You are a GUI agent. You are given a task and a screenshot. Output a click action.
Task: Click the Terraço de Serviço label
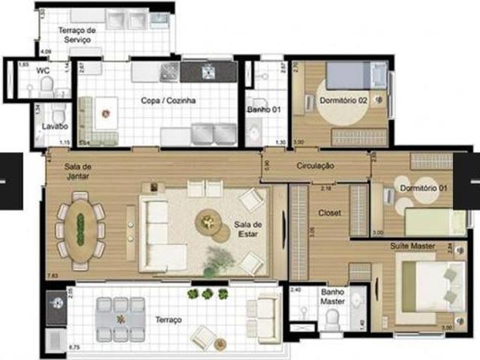[x=78, y=34]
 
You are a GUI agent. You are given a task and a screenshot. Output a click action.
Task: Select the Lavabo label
[x=55, y=127]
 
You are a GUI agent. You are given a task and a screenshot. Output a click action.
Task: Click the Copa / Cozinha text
[x=169, y=100]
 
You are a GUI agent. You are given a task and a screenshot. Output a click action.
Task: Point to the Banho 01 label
[x=263, y=110]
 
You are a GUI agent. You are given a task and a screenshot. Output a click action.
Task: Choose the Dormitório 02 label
[x=343, y=100]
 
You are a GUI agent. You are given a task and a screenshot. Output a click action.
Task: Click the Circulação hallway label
[x=315, y=166]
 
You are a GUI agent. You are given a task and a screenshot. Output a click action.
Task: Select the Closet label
[x=330, y=213]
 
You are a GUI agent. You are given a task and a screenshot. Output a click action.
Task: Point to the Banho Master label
[x=333, y=298]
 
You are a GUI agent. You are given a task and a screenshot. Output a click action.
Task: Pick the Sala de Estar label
[x=247, y=229]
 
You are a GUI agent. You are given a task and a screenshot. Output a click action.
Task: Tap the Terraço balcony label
[x=169, y=320]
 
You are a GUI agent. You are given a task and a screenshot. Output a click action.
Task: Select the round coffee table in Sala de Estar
[x=208, y=223]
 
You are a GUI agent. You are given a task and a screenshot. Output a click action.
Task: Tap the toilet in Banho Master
[x=332, y=319]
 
